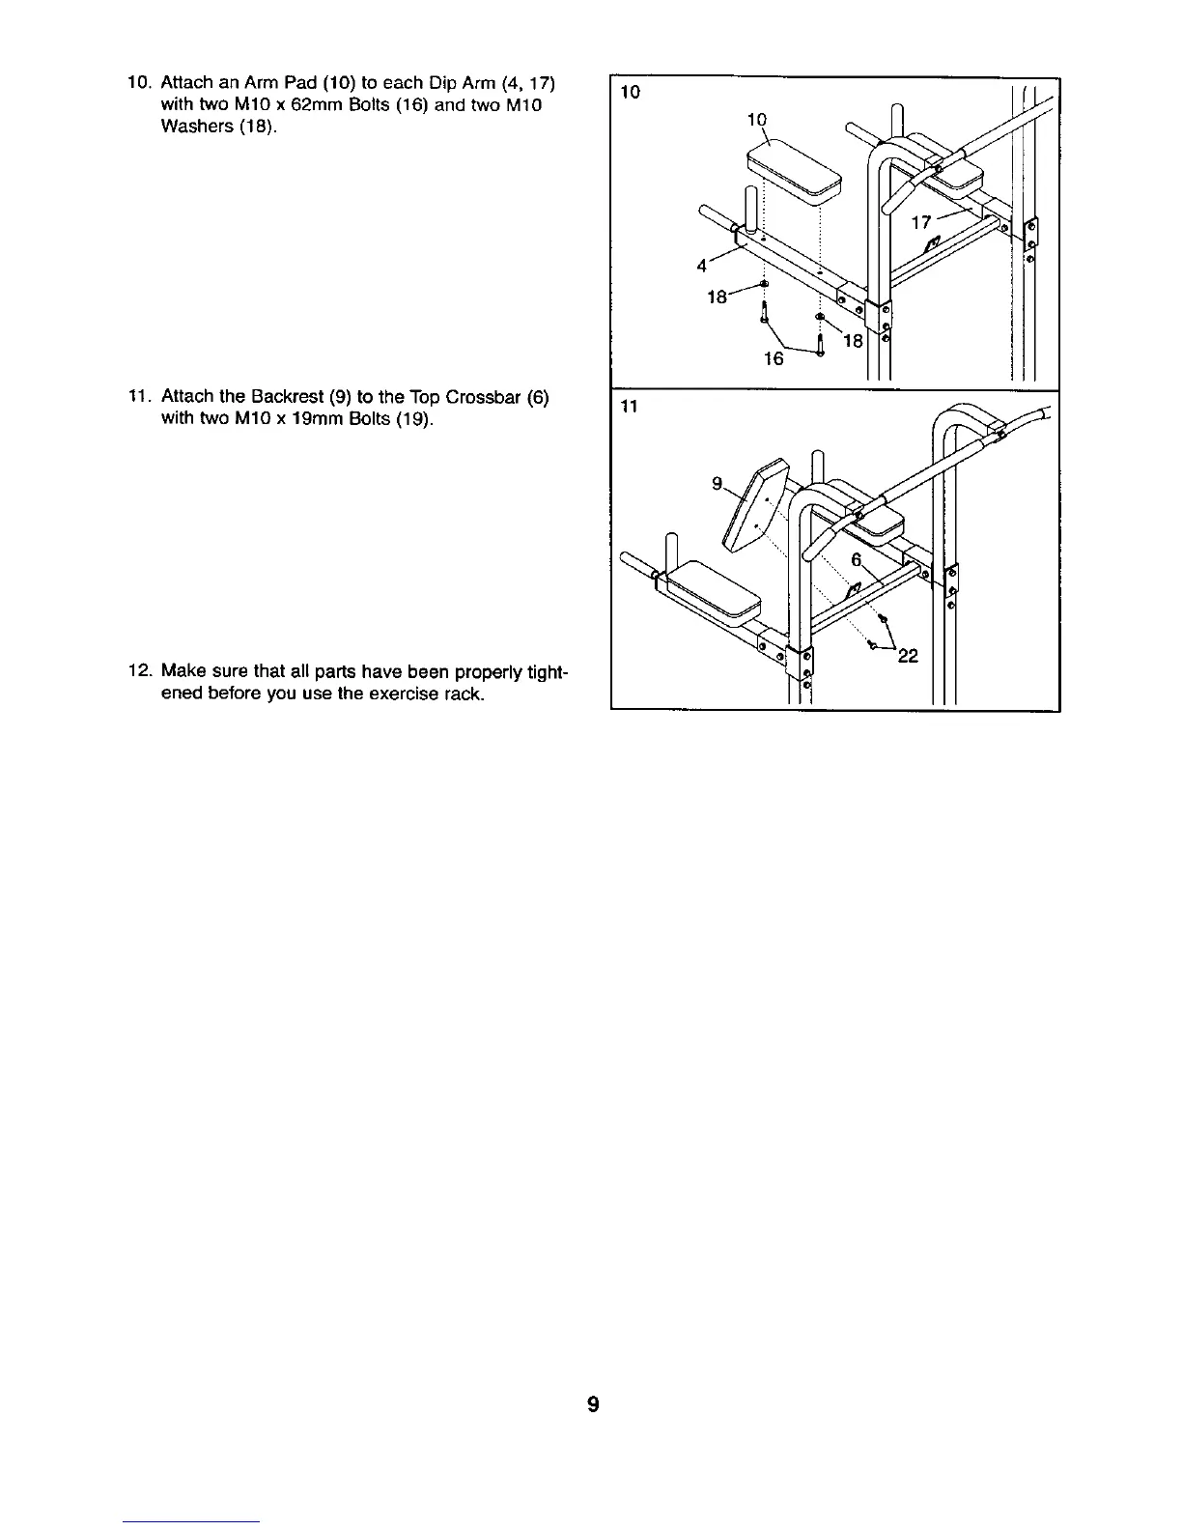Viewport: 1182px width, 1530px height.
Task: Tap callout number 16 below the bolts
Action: tap(774, 359)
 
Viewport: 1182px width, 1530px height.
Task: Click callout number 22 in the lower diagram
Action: tap(908, 658)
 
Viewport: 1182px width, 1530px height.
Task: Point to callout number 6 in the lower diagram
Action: tap(857, 561)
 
